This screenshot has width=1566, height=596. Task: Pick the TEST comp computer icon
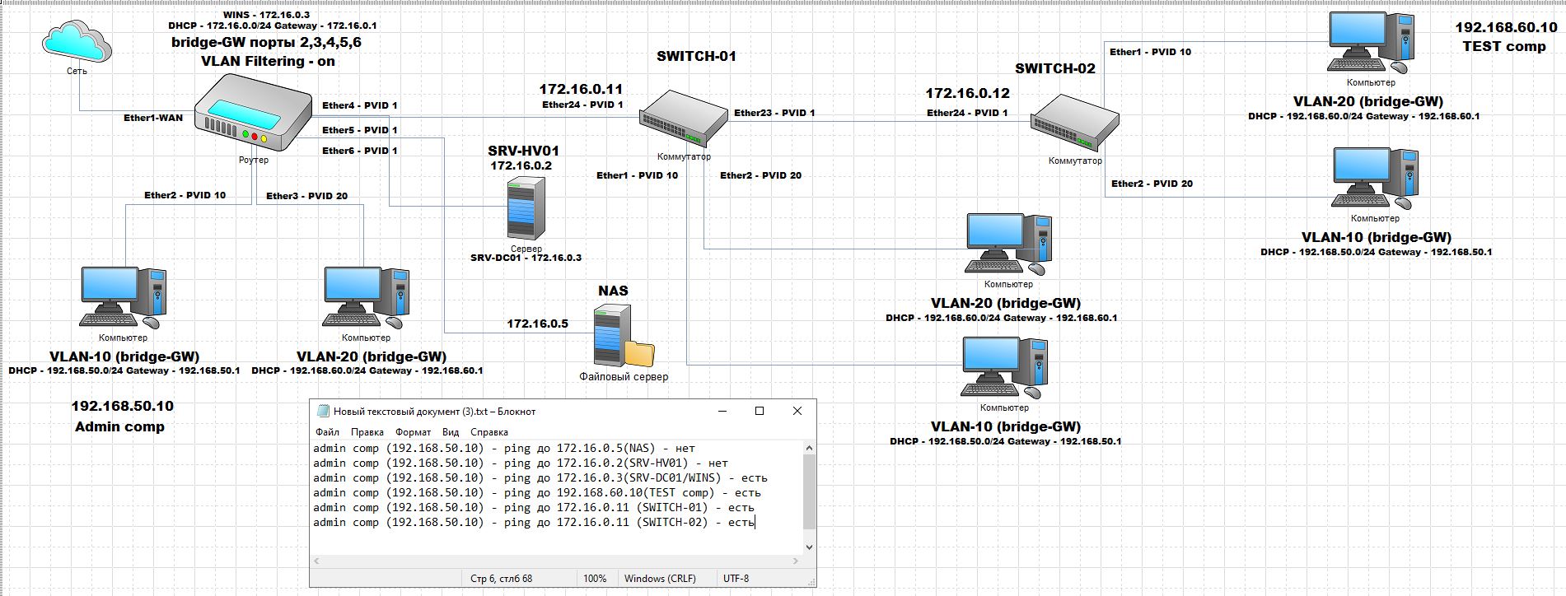[x=1371, y=44]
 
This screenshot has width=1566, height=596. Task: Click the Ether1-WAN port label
[x=153, y=118]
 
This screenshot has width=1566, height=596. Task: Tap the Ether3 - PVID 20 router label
[x=306, y=196]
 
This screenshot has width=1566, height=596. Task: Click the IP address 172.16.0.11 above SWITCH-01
[x=581, y=89]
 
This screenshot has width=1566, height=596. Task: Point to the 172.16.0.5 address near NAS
[x=537, y=324]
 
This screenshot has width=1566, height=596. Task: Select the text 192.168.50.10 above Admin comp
[x=123, y=406]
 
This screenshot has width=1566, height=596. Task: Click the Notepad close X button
[x=797, y=411]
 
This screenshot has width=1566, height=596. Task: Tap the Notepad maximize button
[x=760, y=411]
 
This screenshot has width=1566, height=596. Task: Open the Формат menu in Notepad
[x=413, y=432]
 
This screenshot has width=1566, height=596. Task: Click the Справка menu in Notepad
[x=489, y=432]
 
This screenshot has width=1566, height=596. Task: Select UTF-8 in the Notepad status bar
[x=736, y=579]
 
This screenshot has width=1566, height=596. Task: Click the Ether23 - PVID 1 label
[x=774, y=113]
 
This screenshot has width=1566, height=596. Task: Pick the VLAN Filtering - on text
[x=268, y=61]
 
